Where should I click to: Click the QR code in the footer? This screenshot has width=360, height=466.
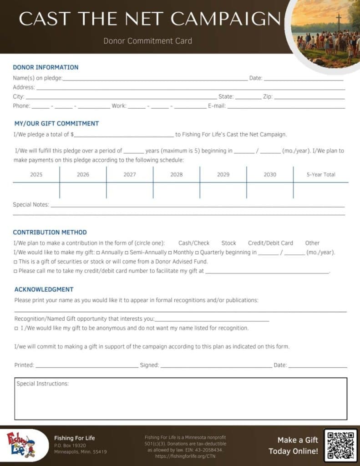point(340,446)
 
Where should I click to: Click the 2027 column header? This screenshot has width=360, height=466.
point(130,175)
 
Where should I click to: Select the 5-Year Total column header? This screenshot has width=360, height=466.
point(321,175)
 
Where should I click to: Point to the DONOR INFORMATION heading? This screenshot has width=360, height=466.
point(46,67)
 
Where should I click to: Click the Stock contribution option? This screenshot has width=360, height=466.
point(228,243)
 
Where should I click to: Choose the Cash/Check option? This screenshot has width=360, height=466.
point(194,243)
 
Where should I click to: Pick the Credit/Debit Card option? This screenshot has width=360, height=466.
point(270,243)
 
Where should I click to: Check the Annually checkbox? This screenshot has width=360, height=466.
point(98,253)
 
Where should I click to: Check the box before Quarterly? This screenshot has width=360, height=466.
point(197,253)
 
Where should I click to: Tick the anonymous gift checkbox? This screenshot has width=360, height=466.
point(16,328)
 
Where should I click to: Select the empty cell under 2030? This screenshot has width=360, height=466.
point(270,190)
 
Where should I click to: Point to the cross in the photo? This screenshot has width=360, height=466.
point(338,20)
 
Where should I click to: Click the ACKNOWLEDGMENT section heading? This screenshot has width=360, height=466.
point(44,289)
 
